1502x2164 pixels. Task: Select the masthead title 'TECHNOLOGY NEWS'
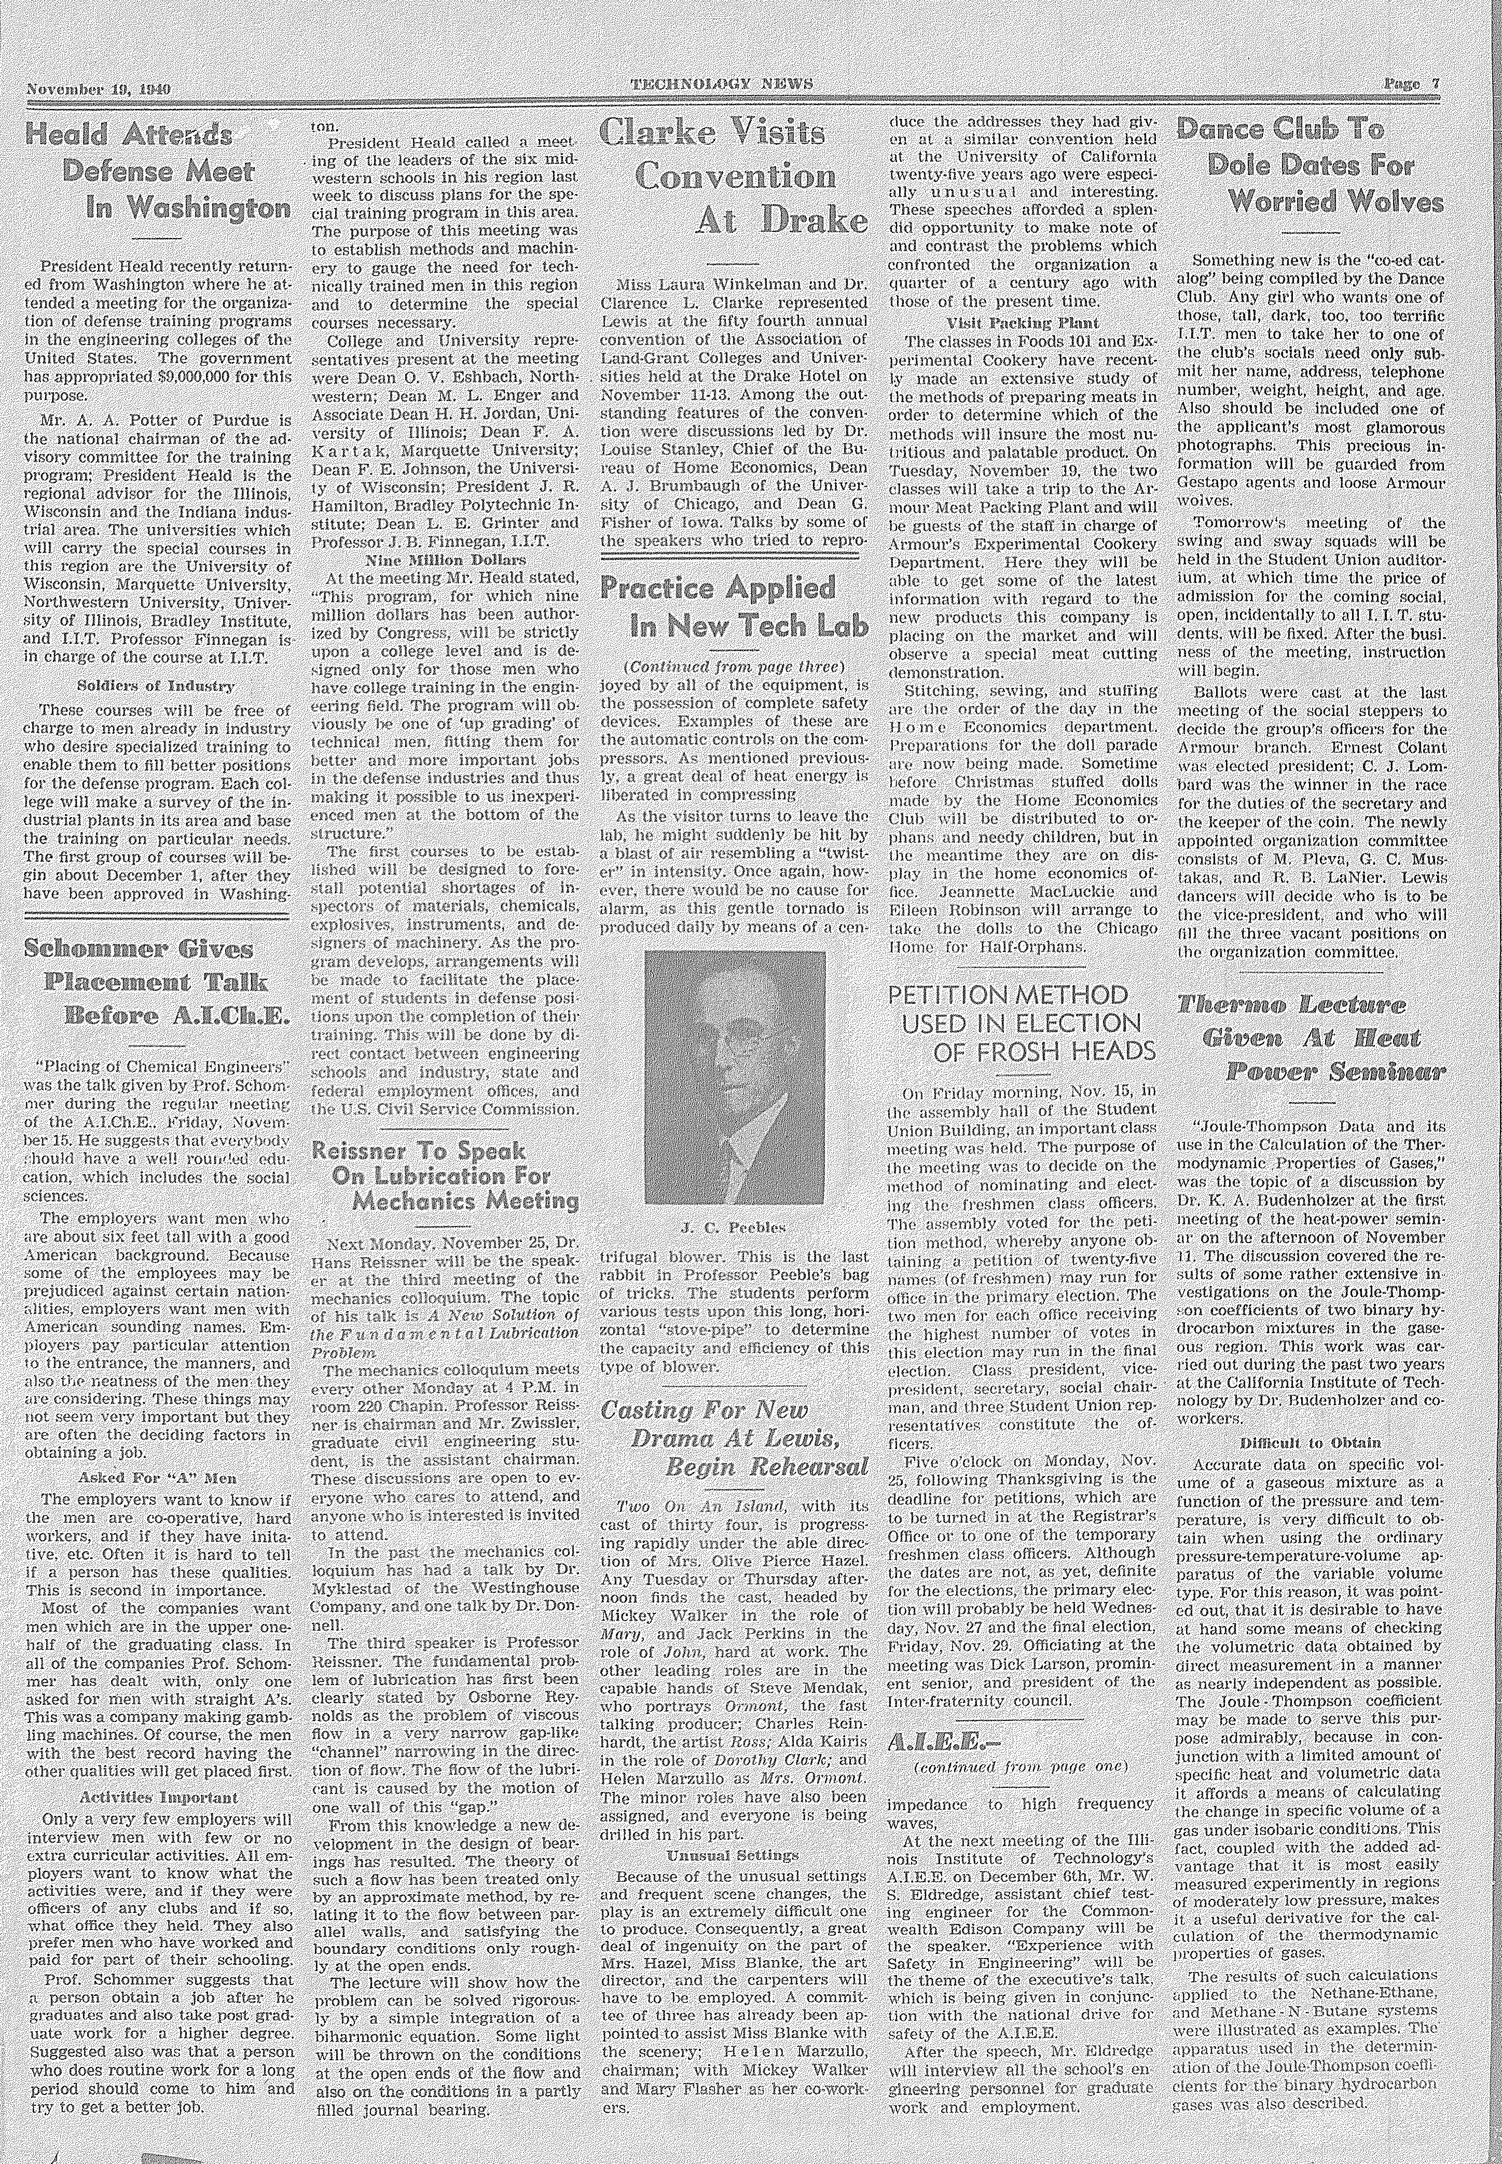(x=720, y=85)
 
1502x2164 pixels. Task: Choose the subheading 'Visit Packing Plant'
(x=1021, y=322)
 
